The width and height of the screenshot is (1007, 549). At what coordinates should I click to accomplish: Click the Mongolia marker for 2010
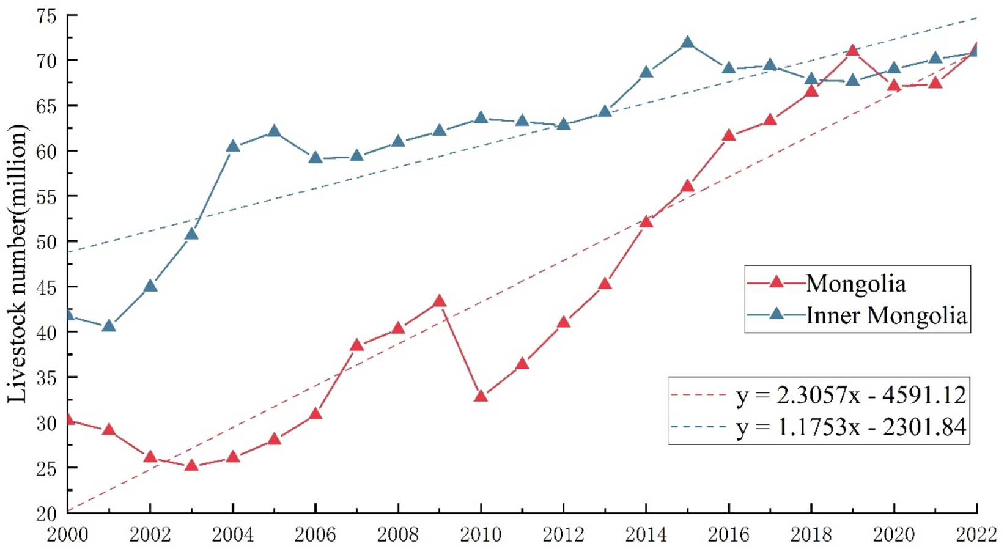click(x=481, y=396)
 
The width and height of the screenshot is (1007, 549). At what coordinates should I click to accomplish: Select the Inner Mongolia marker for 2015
click(x=687, y=42)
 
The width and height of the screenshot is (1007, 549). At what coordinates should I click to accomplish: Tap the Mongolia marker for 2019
click(x=853, y=50)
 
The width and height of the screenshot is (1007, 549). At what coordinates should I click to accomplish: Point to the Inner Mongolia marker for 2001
click(x=109, y=325)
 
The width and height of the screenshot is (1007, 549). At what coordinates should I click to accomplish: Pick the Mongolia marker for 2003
click(x=191, y=465)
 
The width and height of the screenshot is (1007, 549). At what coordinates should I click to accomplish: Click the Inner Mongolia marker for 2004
click(x=233, y=146)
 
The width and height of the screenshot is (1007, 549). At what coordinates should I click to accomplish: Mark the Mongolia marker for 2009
click(x=439, y=301)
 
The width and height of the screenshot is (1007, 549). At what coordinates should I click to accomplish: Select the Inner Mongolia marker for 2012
click(x=564, y=124)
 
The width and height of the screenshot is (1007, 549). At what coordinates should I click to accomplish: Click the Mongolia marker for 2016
click(x=729, y=135)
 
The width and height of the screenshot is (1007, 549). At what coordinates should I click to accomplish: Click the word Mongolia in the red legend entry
click(x=855, y=284)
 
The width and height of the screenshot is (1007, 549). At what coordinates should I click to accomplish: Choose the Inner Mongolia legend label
click(x=887, y=315)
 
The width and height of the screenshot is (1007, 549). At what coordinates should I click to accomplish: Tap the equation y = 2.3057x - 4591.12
click(x=851, y=395)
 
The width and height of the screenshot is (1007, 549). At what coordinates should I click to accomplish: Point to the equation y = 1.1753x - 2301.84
click(x=851, y=427)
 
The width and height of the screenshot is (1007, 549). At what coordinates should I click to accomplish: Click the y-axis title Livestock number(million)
click(x=18, y=263)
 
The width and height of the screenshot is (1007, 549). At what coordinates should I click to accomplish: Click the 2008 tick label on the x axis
click(x=398, y=535)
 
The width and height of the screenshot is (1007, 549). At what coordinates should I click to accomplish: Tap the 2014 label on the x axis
click(x=646, y=535)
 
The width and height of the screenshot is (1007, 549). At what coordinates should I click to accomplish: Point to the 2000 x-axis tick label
click(x=68, y=535)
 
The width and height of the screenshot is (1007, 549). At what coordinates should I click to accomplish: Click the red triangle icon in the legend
click(x=776, y=282)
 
